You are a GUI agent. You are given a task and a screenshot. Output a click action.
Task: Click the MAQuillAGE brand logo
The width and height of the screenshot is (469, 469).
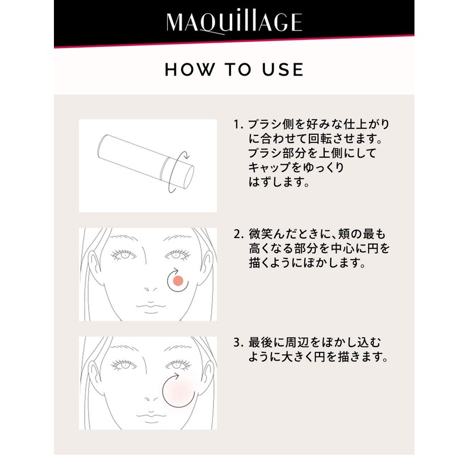pyautogui.click(x=235, y=22)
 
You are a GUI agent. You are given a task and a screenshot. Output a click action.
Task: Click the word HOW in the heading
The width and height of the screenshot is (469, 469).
pyautogui.click(x=186, y=70)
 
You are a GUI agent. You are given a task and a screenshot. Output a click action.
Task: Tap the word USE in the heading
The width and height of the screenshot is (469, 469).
pyautogui.click(x=283, y=70)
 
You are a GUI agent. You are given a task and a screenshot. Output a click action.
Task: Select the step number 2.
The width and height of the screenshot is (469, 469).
pyautogui.click(x=237, y=234)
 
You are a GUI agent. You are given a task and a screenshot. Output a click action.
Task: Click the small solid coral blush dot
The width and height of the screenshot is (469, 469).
pyautogui.click(x=179, y=280)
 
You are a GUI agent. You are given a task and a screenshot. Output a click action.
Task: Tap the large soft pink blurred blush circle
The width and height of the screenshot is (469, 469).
pyautogui.click(x=179, y=389)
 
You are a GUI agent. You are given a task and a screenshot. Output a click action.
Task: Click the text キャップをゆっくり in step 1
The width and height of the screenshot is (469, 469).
pyautogui.click(x=295, y=168)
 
